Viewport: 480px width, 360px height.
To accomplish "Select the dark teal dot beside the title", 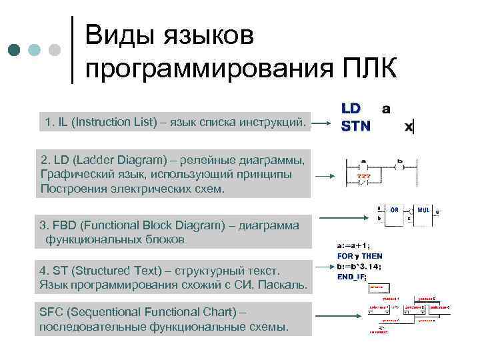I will tap(15, 50).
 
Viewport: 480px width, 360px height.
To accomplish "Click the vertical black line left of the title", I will tap(72, 49).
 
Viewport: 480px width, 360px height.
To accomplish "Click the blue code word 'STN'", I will tap(356, 125).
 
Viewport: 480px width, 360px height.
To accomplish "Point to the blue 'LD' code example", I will tap(351, 107).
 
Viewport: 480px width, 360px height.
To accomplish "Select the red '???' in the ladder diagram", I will tap(363, 177).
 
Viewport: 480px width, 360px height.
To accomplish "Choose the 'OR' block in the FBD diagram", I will tap(394, 209).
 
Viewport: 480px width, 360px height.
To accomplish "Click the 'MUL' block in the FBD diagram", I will tap(423, 209).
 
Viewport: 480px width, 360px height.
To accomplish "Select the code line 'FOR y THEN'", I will tap(360, 255).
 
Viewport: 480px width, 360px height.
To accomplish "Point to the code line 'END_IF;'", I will tap(352, 276).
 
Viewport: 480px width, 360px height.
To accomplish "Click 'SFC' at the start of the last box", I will tap(51, 312).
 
